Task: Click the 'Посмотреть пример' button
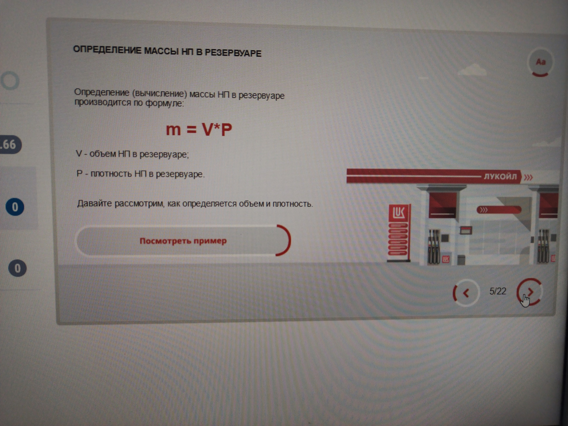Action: [183, 241]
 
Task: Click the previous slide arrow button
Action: [466, 293]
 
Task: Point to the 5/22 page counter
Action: [498, 291]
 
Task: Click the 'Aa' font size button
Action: [540, 62]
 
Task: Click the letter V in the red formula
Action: [207, 129]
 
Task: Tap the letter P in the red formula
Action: [226, 130]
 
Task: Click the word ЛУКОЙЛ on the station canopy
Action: [500, 176]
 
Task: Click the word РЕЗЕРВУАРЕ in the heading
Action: [233, 53]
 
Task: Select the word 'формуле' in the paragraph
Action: [164, 104]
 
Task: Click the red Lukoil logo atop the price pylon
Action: [398, 213]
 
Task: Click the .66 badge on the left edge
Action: [10, 145]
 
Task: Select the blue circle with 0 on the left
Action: [15, 207]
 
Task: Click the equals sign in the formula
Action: [191, 130]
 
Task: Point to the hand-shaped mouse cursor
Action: [525, 301]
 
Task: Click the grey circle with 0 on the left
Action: [17, 268]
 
